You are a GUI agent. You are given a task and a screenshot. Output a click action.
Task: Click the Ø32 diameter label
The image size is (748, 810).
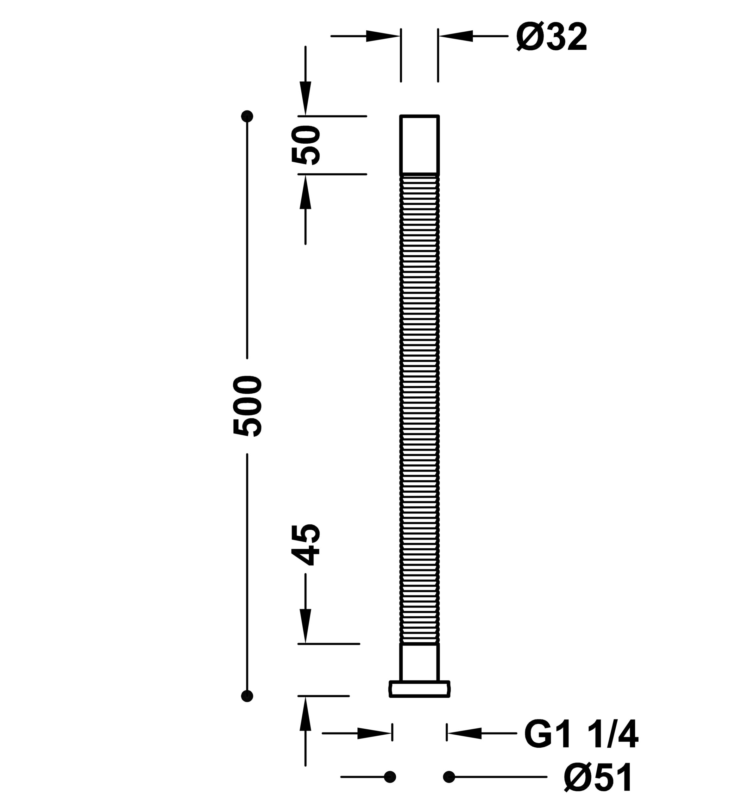click(x=552, y=37)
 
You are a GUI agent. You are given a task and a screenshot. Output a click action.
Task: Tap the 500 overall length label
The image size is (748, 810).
click(x=248, y=406)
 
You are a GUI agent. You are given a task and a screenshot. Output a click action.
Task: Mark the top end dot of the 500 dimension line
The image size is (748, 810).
click(x=247, y=116)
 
